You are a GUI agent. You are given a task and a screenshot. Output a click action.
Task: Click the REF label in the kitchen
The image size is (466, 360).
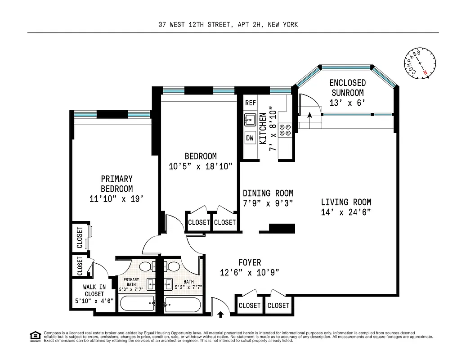(x=251, y=103)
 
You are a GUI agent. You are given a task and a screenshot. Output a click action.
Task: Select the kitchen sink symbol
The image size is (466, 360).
(x=250, y=120)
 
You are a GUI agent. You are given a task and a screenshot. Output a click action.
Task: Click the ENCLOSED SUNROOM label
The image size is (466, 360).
(x=347, y=88)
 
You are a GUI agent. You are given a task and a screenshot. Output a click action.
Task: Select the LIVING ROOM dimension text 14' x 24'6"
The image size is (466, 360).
(x=346, y=212)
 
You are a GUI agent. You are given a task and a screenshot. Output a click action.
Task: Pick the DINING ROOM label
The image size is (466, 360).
(x=268, y=193)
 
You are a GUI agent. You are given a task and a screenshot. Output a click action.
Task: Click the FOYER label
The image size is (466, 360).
(x=249, y=262)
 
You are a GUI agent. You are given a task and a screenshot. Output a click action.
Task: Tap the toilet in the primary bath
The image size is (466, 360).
(x=145, y=266)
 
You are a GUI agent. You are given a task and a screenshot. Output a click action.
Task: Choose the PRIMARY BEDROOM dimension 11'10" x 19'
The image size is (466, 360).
(x=116, y=198)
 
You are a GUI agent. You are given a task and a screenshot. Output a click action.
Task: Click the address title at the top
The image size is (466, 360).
(x=228, y=25)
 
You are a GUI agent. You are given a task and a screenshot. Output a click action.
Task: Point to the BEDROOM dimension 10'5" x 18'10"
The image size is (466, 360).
(x=201, y=166)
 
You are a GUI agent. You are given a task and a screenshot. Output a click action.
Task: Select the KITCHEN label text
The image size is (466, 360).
(x=263, y=128)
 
